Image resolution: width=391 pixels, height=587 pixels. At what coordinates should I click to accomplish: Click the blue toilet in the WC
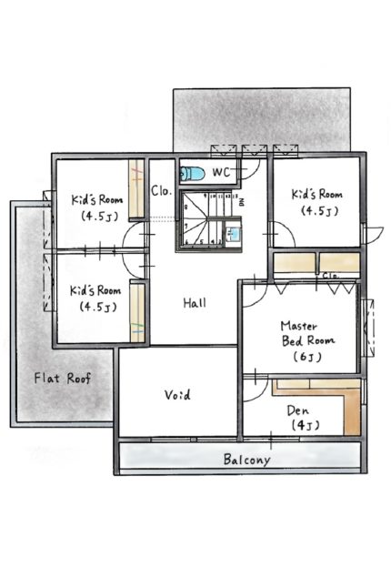point(193,173)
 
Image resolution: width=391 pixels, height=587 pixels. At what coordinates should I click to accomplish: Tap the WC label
point(221,172)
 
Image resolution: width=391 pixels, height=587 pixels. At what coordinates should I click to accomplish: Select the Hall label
point(195,303)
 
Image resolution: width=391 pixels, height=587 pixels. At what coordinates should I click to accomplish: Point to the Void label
point(177,395)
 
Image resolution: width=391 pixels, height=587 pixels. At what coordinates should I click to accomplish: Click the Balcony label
point(246,459)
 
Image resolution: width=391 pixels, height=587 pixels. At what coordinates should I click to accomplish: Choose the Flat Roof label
point(63,378)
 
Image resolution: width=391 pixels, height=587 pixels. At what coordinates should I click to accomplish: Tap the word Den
point(298,410)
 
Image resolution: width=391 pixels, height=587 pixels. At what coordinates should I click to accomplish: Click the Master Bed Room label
point(307,333)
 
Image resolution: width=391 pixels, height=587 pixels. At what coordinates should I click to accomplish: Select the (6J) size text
point(307,357)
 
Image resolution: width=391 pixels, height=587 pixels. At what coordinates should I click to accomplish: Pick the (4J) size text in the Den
point(306,425)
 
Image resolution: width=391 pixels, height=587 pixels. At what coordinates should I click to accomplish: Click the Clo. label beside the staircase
point(162,191)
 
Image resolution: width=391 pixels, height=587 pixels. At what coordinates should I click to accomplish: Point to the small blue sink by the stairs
point(233,235)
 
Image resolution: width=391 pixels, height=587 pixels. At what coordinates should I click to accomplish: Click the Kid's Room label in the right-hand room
point(317,194)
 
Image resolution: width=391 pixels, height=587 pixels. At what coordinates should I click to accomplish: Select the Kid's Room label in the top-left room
point(97,199)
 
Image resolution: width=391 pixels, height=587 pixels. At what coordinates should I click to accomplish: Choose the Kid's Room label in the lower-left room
point(95,290)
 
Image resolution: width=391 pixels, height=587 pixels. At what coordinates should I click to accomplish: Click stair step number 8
point(186,207)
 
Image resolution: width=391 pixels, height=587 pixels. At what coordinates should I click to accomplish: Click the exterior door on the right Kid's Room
point(374,235)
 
